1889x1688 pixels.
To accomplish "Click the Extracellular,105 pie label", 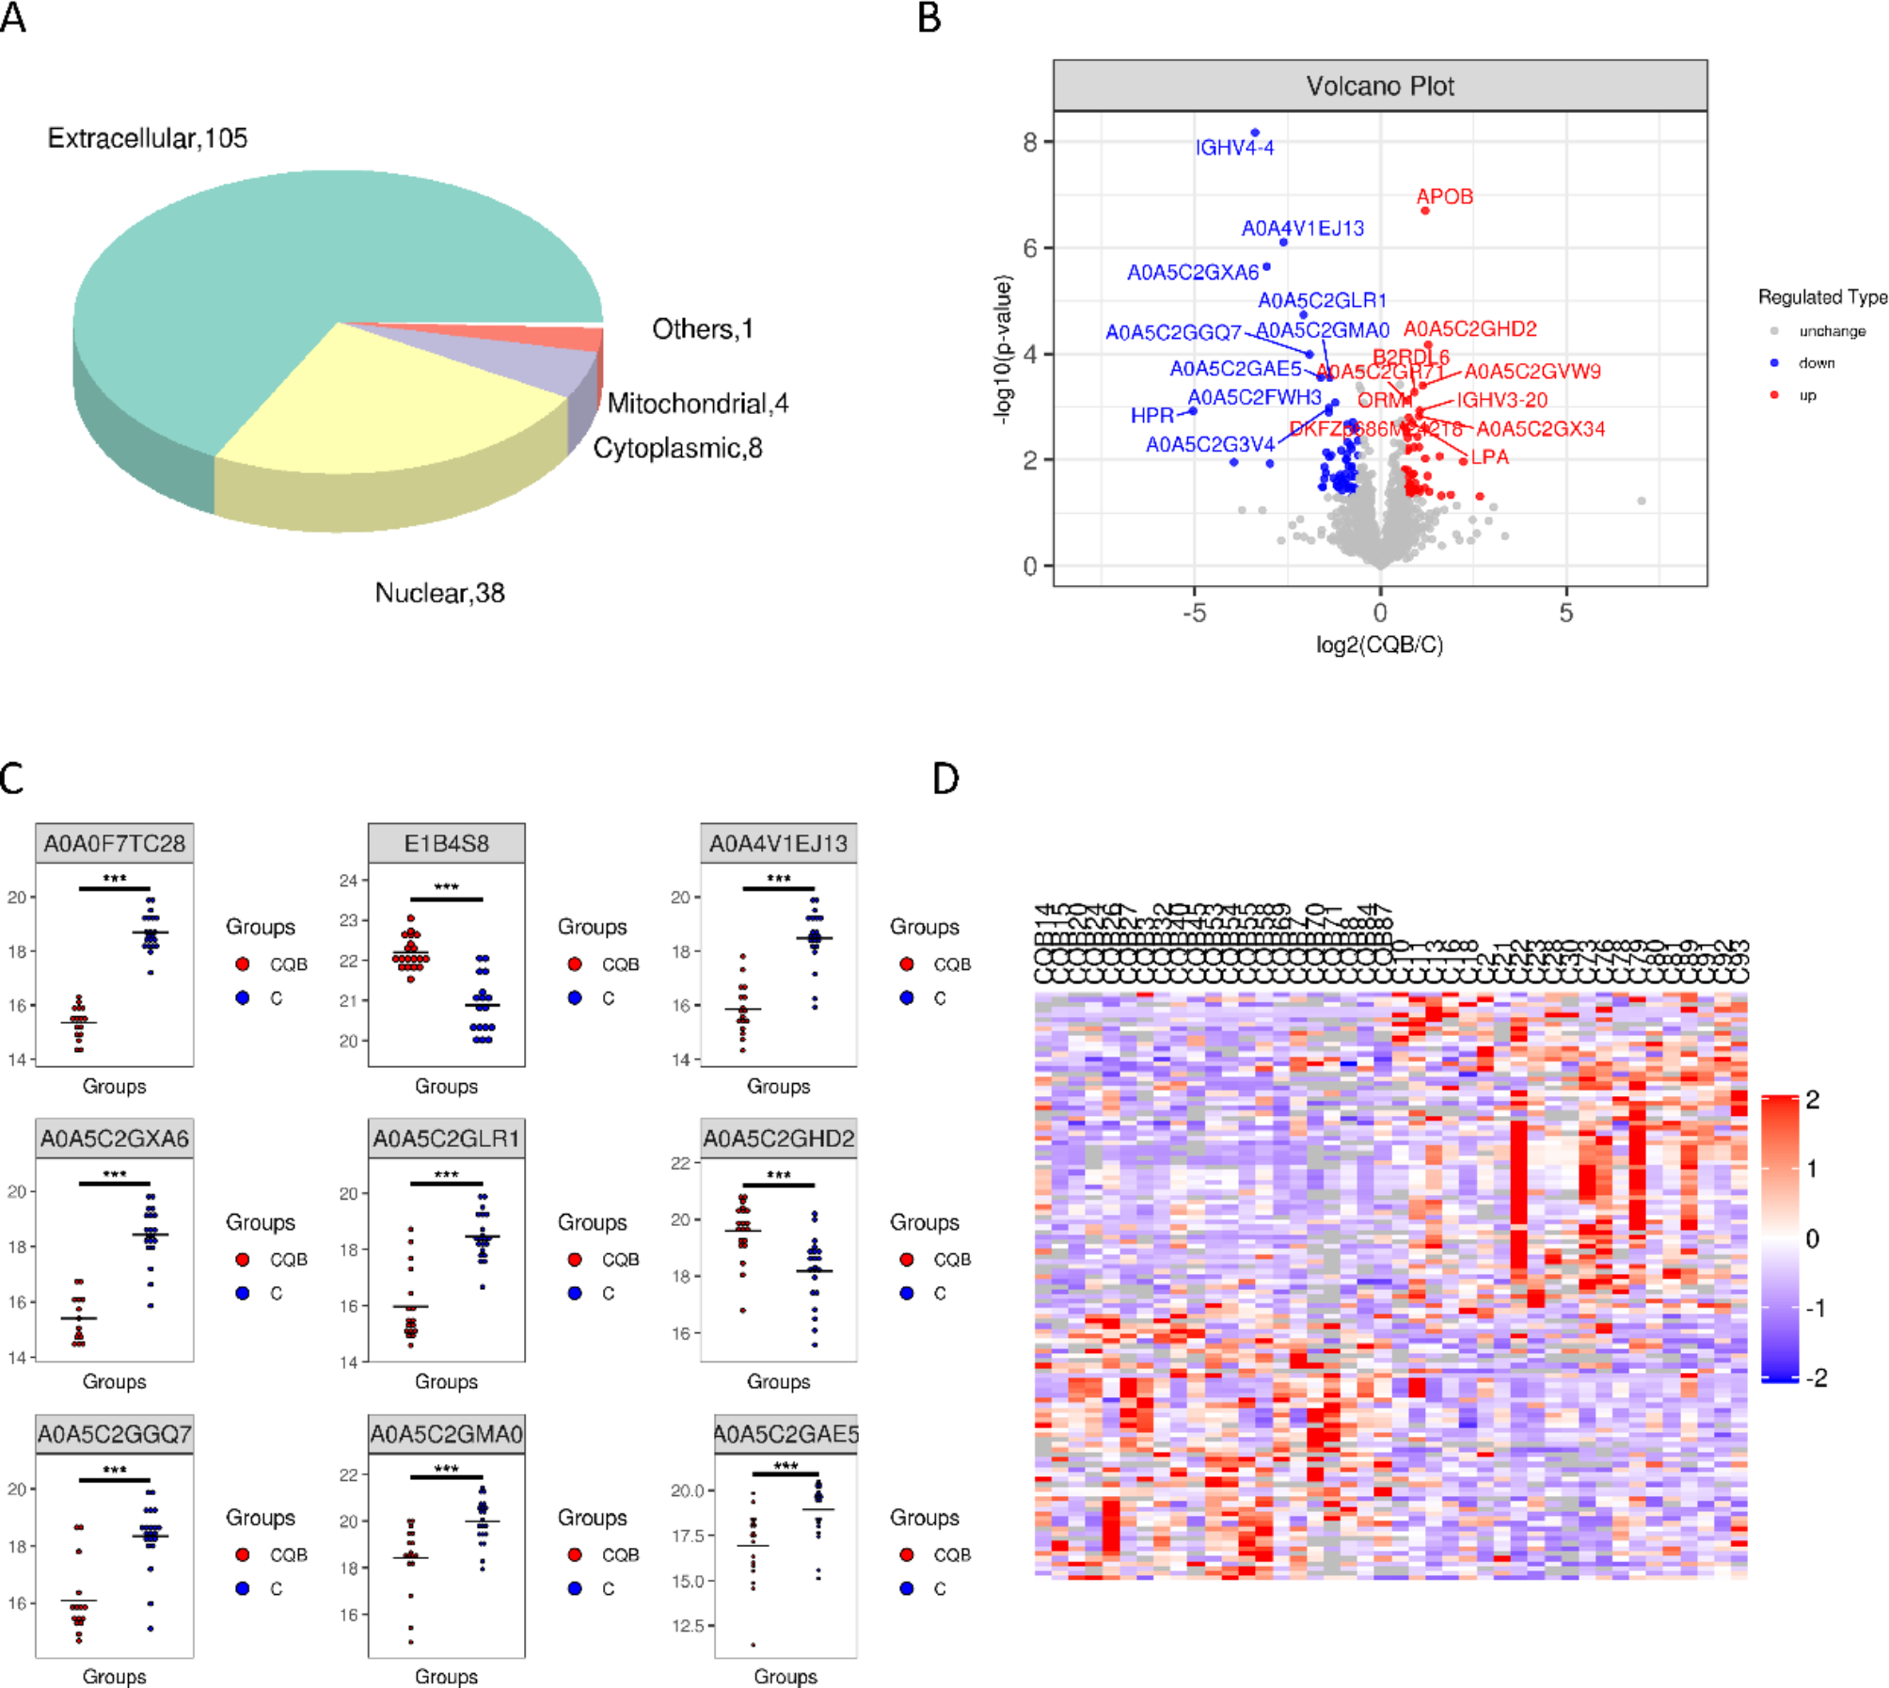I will tap(148, 138).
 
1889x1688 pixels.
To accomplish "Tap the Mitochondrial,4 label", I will tap(697, 404).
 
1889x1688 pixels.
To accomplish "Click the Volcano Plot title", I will tap(1379, 87).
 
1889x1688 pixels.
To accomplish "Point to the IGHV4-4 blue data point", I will tap(1255, 133).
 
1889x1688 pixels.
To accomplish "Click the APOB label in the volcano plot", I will tap(1444, 197).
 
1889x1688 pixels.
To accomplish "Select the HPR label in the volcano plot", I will tap(1151, 415).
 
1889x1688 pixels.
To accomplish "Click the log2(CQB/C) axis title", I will tap(1379, 645).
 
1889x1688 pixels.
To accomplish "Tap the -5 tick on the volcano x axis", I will tap(1194, 613).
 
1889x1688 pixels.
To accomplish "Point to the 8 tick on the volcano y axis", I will tap(1030, 142).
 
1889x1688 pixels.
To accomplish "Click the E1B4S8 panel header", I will tap(446, 843).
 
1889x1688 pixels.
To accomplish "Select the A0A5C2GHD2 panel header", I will tap(779, 1139).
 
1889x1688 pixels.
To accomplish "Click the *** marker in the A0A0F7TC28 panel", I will tap(115, 879).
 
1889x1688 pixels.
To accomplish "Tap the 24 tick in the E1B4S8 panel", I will tap(348, 881).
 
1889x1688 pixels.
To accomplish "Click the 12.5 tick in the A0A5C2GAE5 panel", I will tap(688, 1626).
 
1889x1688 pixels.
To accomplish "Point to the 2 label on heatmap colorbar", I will tap(1813, 1100).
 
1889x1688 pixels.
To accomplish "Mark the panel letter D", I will tap(944, 779).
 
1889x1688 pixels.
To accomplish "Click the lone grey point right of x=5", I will tap(1642, 501).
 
